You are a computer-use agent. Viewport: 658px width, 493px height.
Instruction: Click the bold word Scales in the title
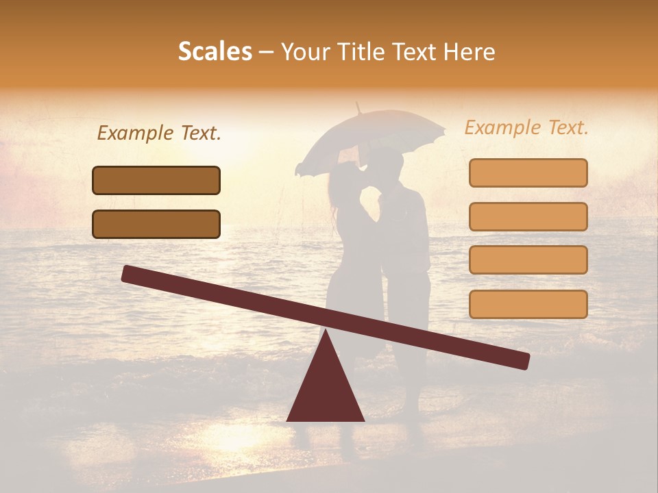tap(215, 51)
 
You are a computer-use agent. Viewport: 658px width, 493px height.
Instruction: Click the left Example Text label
tap(159, 134)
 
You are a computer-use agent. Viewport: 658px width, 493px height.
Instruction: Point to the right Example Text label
tap(526, 127)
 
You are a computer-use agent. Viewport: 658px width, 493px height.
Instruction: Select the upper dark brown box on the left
tap(156, 180)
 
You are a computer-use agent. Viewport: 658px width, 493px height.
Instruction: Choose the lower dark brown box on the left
tap(156, 224)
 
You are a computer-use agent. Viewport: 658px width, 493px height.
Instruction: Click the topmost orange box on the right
tap(528, 173)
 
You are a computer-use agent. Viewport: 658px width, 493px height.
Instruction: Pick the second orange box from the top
tap(528, 216)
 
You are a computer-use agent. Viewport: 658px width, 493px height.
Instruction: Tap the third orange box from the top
tap(528, 260)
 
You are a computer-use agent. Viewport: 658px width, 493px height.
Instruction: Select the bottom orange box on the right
tap(528, 304)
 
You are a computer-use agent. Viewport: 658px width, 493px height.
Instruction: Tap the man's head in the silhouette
tap(389, 163)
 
